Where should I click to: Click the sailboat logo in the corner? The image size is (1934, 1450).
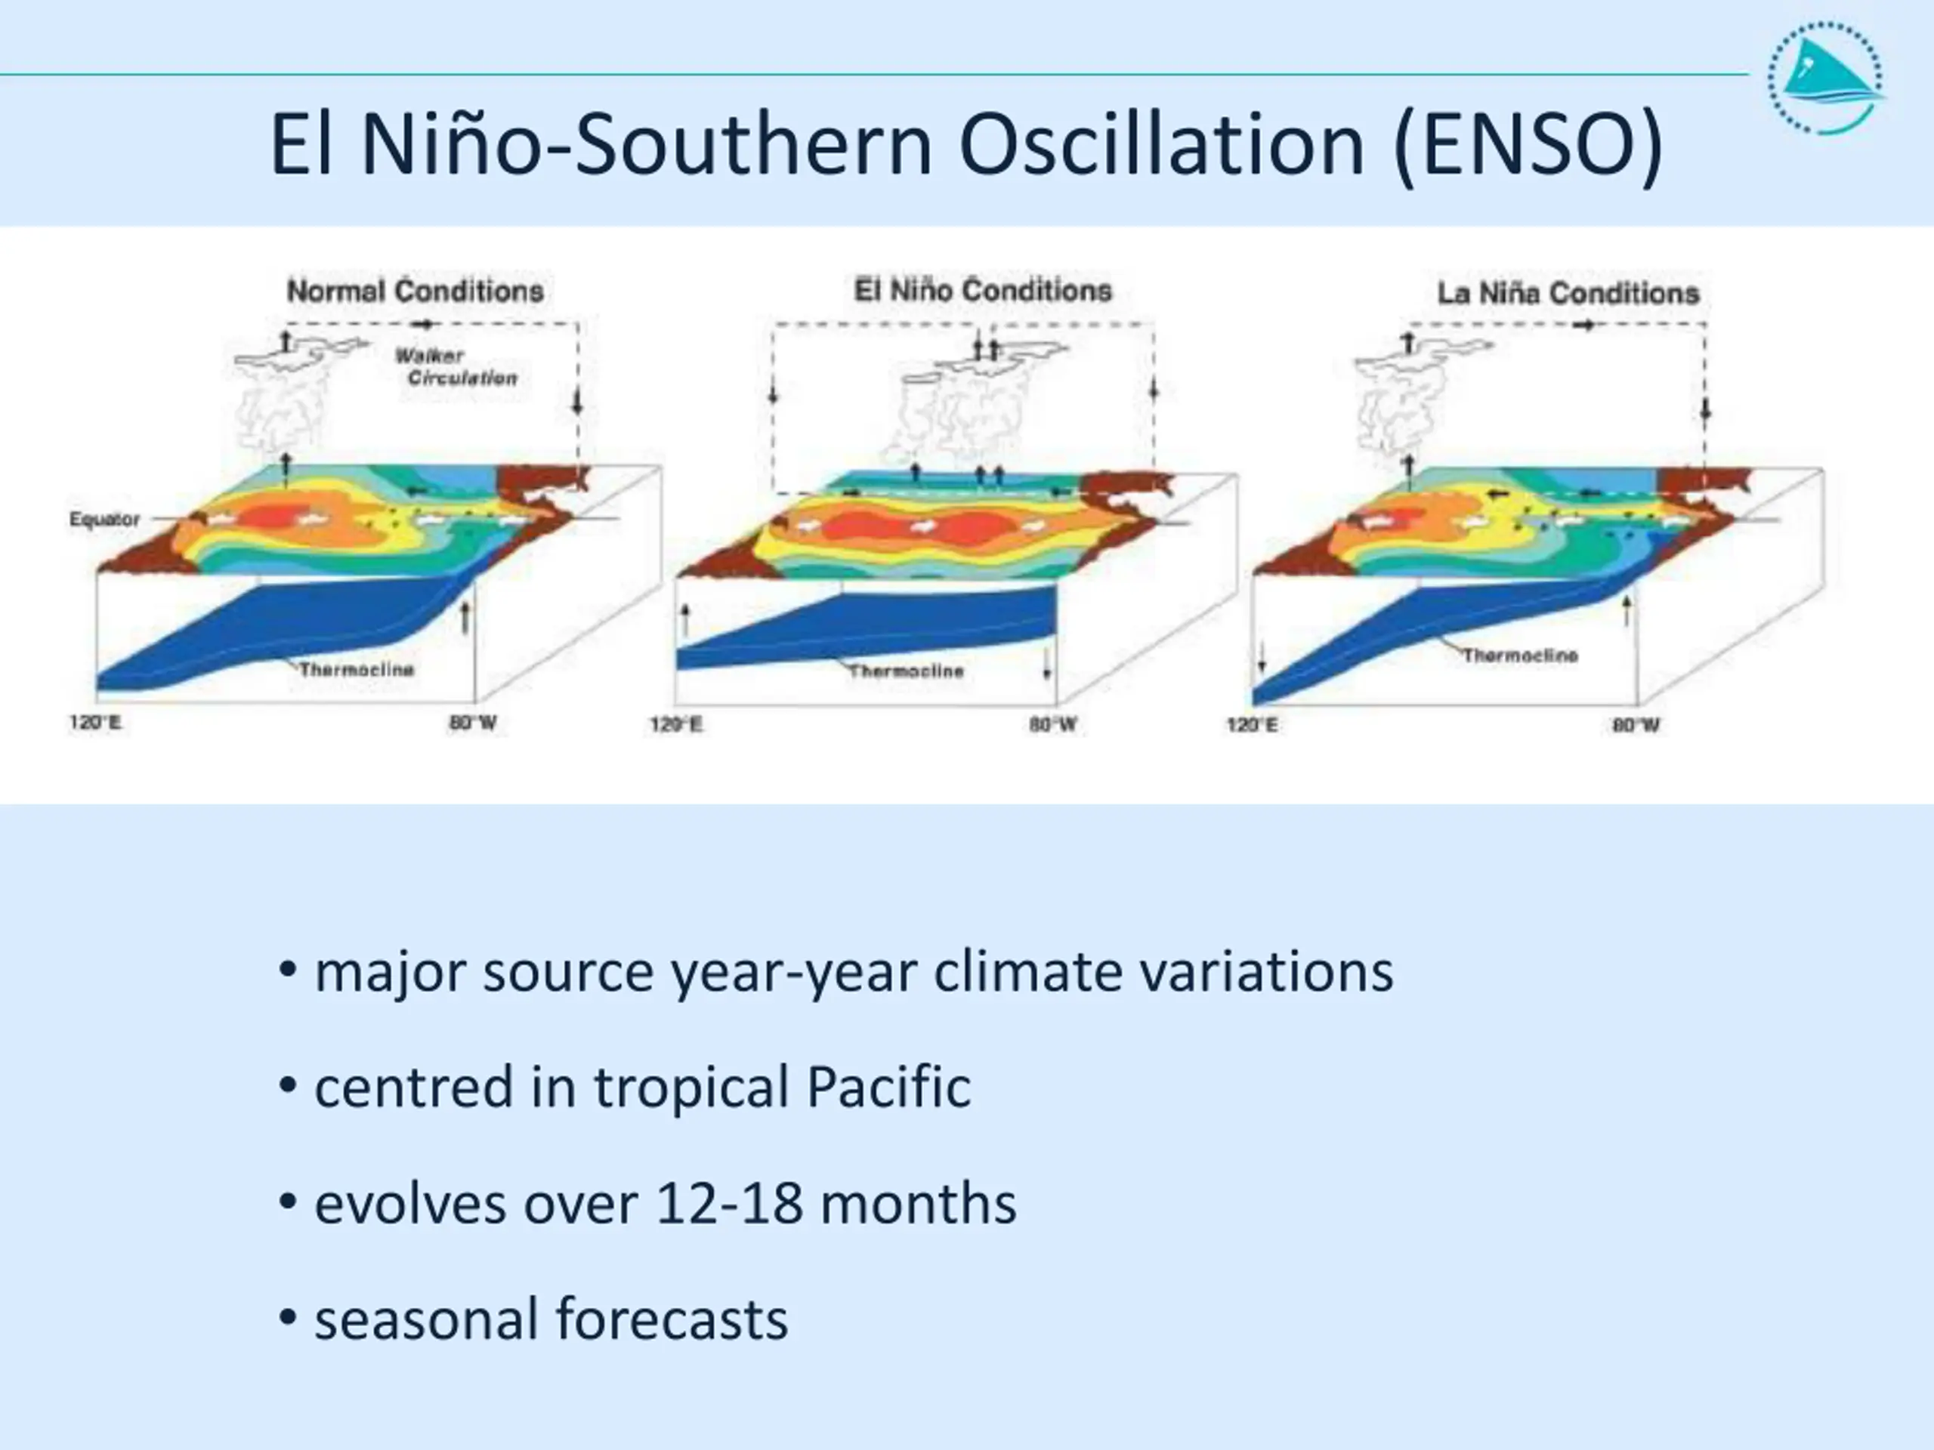point(1825,78)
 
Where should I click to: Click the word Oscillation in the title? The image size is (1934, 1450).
point(1161,144)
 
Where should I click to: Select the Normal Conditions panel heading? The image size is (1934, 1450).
point(416,291)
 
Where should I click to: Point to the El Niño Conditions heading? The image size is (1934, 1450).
point(983,290)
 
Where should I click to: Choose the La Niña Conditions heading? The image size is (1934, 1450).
point(1568,294)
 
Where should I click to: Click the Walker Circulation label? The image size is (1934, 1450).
point(456,367)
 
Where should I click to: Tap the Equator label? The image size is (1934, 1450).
point(104,519)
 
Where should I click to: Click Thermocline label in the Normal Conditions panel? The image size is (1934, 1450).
point(357,670)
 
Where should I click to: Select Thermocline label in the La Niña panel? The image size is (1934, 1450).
point(1521,655)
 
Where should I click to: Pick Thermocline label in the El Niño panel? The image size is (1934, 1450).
point(906,671)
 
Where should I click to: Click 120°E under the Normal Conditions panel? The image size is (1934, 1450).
point(95,723)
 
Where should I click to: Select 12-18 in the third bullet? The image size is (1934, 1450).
point(728,1204)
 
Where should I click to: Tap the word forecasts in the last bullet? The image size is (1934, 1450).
point(672,1319)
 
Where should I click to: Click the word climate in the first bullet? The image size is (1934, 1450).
point(1027,972)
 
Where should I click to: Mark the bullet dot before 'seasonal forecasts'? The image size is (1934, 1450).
point(287,1316)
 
